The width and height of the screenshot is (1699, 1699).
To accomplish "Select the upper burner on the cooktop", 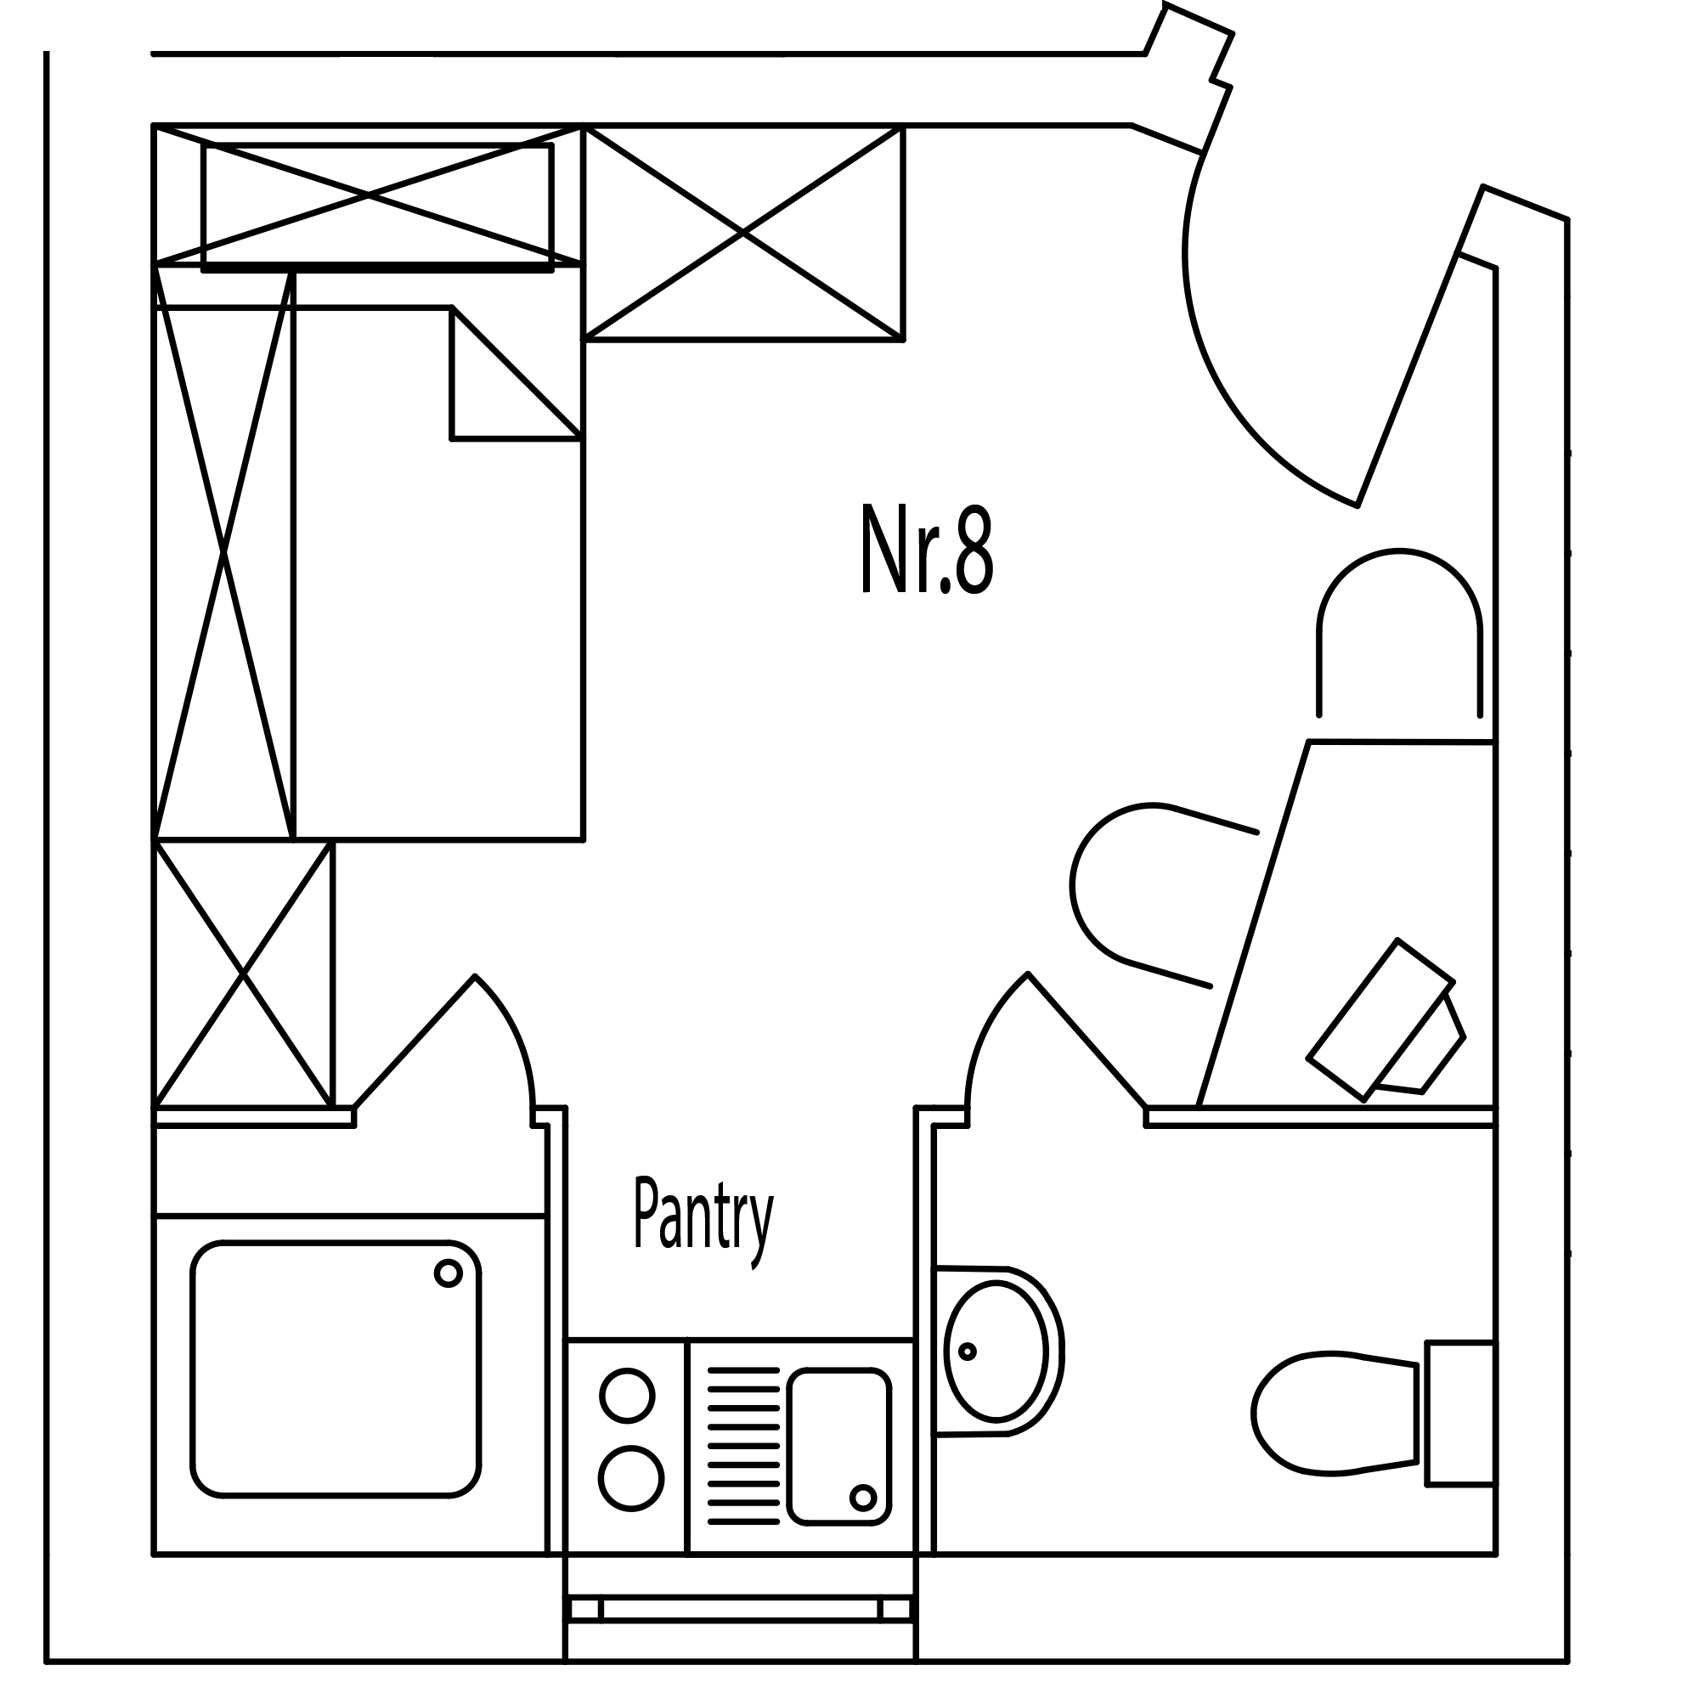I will pyautogui.click(x=627, y=1395).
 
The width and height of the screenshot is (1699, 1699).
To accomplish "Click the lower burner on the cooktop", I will pyautogui.click(x=630, y=1477).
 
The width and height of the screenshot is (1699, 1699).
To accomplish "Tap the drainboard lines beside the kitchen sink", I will pyautogui.click(x=743, y=1446).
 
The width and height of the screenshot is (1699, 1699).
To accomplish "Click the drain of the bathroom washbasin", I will pyautogui.click(x=968, y=1352).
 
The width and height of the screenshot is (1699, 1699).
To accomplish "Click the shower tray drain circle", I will pyautogui.click(x=448, y=1273).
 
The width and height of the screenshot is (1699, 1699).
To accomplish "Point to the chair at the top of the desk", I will pyautogui.click(x=1399, y=633).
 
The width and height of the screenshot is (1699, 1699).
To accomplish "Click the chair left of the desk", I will pyautogui.click(x=1143, y=889).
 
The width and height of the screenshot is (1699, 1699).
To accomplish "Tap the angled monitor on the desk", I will pyautogui.click(x=1380, y=1020).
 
